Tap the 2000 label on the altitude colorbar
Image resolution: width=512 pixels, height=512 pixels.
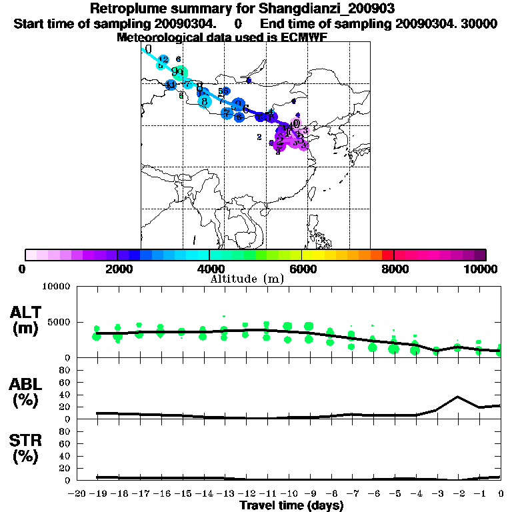117,269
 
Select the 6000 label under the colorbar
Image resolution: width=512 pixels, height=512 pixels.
301,269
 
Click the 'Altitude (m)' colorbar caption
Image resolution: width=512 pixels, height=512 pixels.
247,279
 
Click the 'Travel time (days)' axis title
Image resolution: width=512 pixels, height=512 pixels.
291,506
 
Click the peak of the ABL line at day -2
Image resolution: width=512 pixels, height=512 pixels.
457,397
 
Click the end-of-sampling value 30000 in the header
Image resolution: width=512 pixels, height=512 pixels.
481,23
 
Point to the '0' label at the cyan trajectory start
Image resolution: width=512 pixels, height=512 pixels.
149,49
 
